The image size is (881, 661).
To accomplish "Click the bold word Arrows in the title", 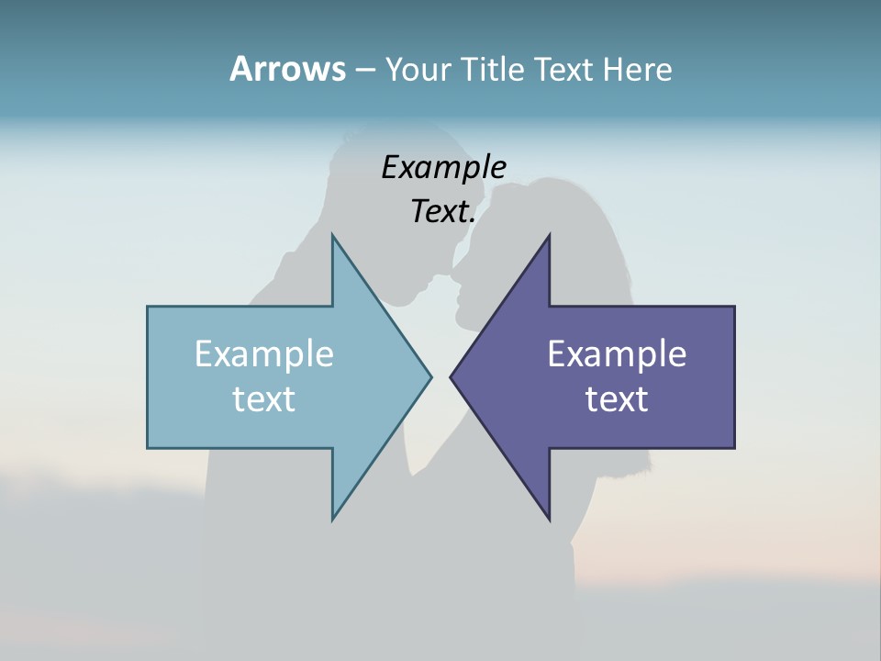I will click(x=287, y=69).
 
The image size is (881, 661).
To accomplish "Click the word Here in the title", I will click(x=638, y=70).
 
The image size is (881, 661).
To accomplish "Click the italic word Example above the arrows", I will click(x=443, y=167).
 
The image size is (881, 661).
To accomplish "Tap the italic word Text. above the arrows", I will click(x=443, y=211).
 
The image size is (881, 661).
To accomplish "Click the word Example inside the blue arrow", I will click(x=264, y=353).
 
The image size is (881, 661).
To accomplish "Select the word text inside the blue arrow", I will click(x=264, y=398).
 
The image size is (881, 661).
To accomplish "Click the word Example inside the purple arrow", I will click(x=617, y=353).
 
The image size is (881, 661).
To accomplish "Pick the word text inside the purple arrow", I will click(x=617, y=398).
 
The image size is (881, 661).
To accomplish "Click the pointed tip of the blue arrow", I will click(x=430, y=376).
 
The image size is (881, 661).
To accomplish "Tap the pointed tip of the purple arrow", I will click(x=451, y=376).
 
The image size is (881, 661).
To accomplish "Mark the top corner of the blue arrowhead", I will click(x=332, y=236).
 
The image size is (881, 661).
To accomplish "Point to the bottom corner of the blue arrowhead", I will click(x=332, y=519).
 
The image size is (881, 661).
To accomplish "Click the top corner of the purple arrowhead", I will click(x=549, y=236).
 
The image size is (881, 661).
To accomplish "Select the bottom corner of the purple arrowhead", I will click(x=549, y=519).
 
